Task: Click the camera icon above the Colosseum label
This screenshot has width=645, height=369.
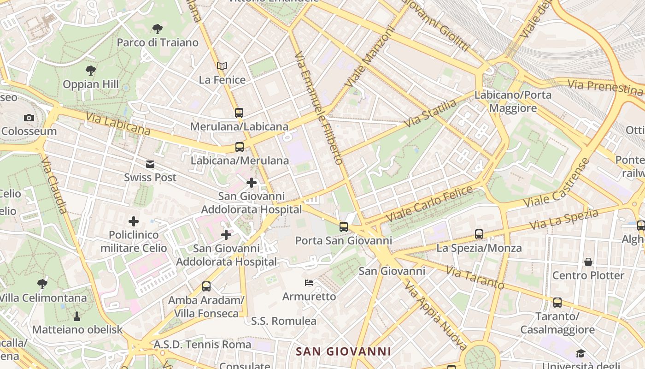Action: tap(29, 118)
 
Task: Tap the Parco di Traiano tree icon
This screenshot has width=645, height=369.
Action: tap(158, 29)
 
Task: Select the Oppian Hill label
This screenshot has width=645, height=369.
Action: tap(91, 84)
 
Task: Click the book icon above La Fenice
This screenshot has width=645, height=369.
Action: tap(222, 66)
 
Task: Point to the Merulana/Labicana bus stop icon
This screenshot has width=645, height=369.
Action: tap(239, 113)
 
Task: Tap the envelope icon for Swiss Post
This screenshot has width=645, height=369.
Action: tap(150, 164)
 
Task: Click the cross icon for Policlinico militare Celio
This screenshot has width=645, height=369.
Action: tap(134, 221)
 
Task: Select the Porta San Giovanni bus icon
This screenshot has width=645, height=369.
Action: tap(343, 226)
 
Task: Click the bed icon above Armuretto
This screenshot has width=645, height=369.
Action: tap(309, 282)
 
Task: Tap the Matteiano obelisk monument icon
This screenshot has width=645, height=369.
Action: tap(77, 316)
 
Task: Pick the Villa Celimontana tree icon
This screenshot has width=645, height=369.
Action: tap(42, 284)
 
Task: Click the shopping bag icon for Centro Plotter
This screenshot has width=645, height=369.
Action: tap(588, 262)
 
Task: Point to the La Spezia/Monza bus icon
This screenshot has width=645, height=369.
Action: tap(479, 234)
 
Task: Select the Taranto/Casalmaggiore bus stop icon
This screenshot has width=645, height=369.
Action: tap(557, 303)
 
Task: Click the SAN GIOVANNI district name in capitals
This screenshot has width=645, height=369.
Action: tap(343, 351)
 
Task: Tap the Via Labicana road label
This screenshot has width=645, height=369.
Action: tap(118, 123)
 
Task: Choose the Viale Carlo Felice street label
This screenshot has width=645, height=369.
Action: tap(429, 203)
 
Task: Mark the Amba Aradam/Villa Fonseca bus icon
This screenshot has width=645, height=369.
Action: tap(206, 286)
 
